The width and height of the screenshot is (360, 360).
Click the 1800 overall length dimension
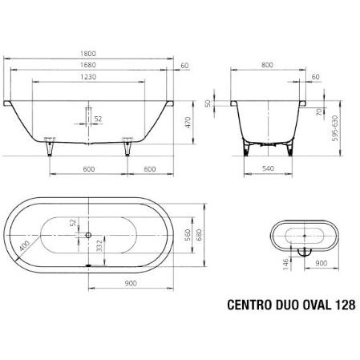pos(88,54)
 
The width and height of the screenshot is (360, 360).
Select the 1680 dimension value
pos(88,65)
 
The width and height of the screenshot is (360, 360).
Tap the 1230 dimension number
pos(88,77)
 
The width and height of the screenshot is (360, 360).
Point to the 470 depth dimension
pos(188,122)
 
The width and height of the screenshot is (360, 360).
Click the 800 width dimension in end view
pos(267,65)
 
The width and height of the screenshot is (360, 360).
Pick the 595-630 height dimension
pos(335,128)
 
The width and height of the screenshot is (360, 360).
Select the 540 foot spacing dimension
pos(268,168)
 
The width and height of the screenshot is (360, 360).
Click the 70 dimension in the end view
pos(319,111)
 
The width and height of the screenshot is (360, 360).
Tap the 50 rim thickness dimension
pos(208,103)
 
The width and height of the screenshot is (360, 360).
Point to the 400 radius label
pos(25,245)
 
